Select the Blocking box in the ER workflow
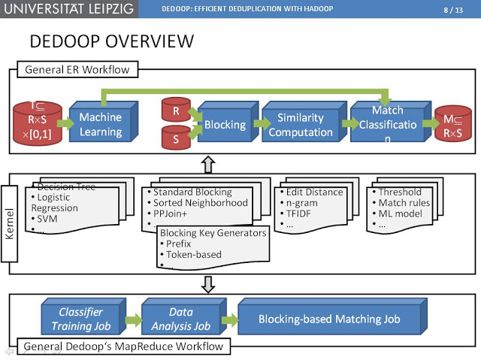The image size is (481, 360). coord(223,125)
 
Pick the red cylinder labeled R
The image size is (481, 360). coord(174,110)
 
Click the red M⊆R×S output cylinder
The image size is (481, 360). coord(452,125)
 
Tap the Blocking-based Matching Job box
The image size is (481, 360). coord(329,319)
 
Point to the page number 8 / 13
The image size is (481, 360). coord(455,9)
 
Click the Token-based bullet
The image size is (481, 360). coord(193,255)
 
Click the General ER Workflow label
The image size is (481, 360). coord(77,70)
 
